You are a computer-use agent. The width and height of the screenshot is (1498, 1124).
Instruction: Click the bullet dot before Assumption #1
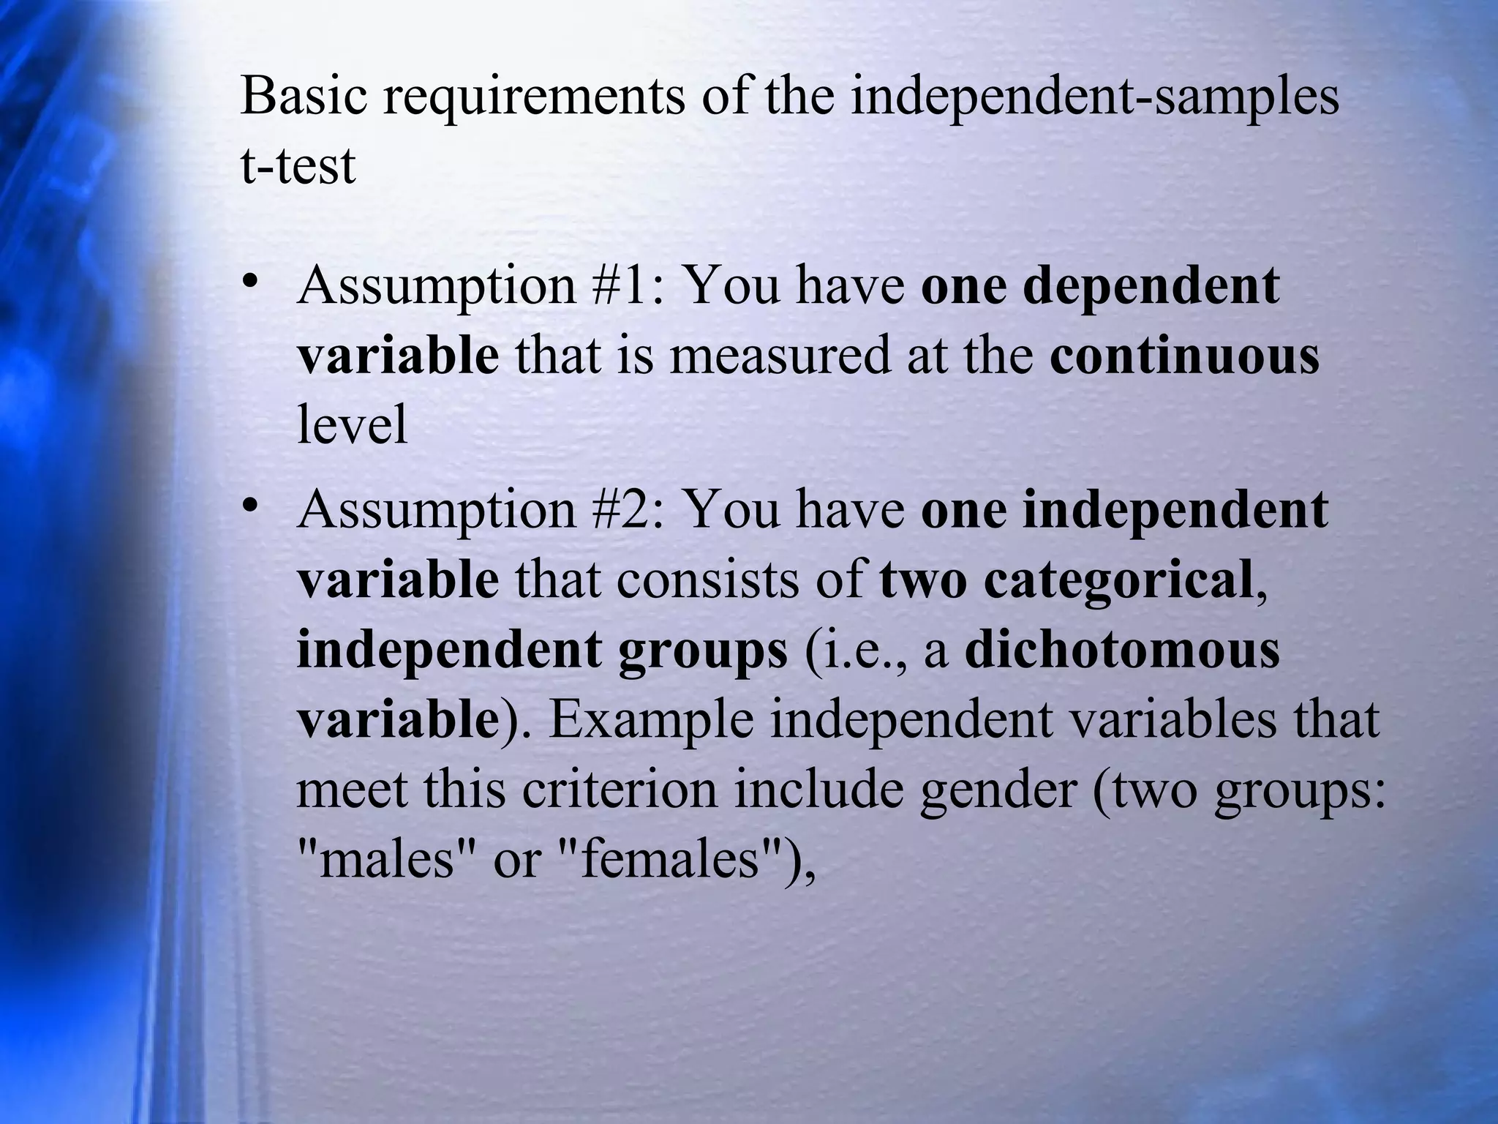[x=250, y=282]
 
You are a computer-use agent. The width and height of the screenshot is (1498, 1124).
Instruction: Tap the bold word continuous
[x=1184, y=356]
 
